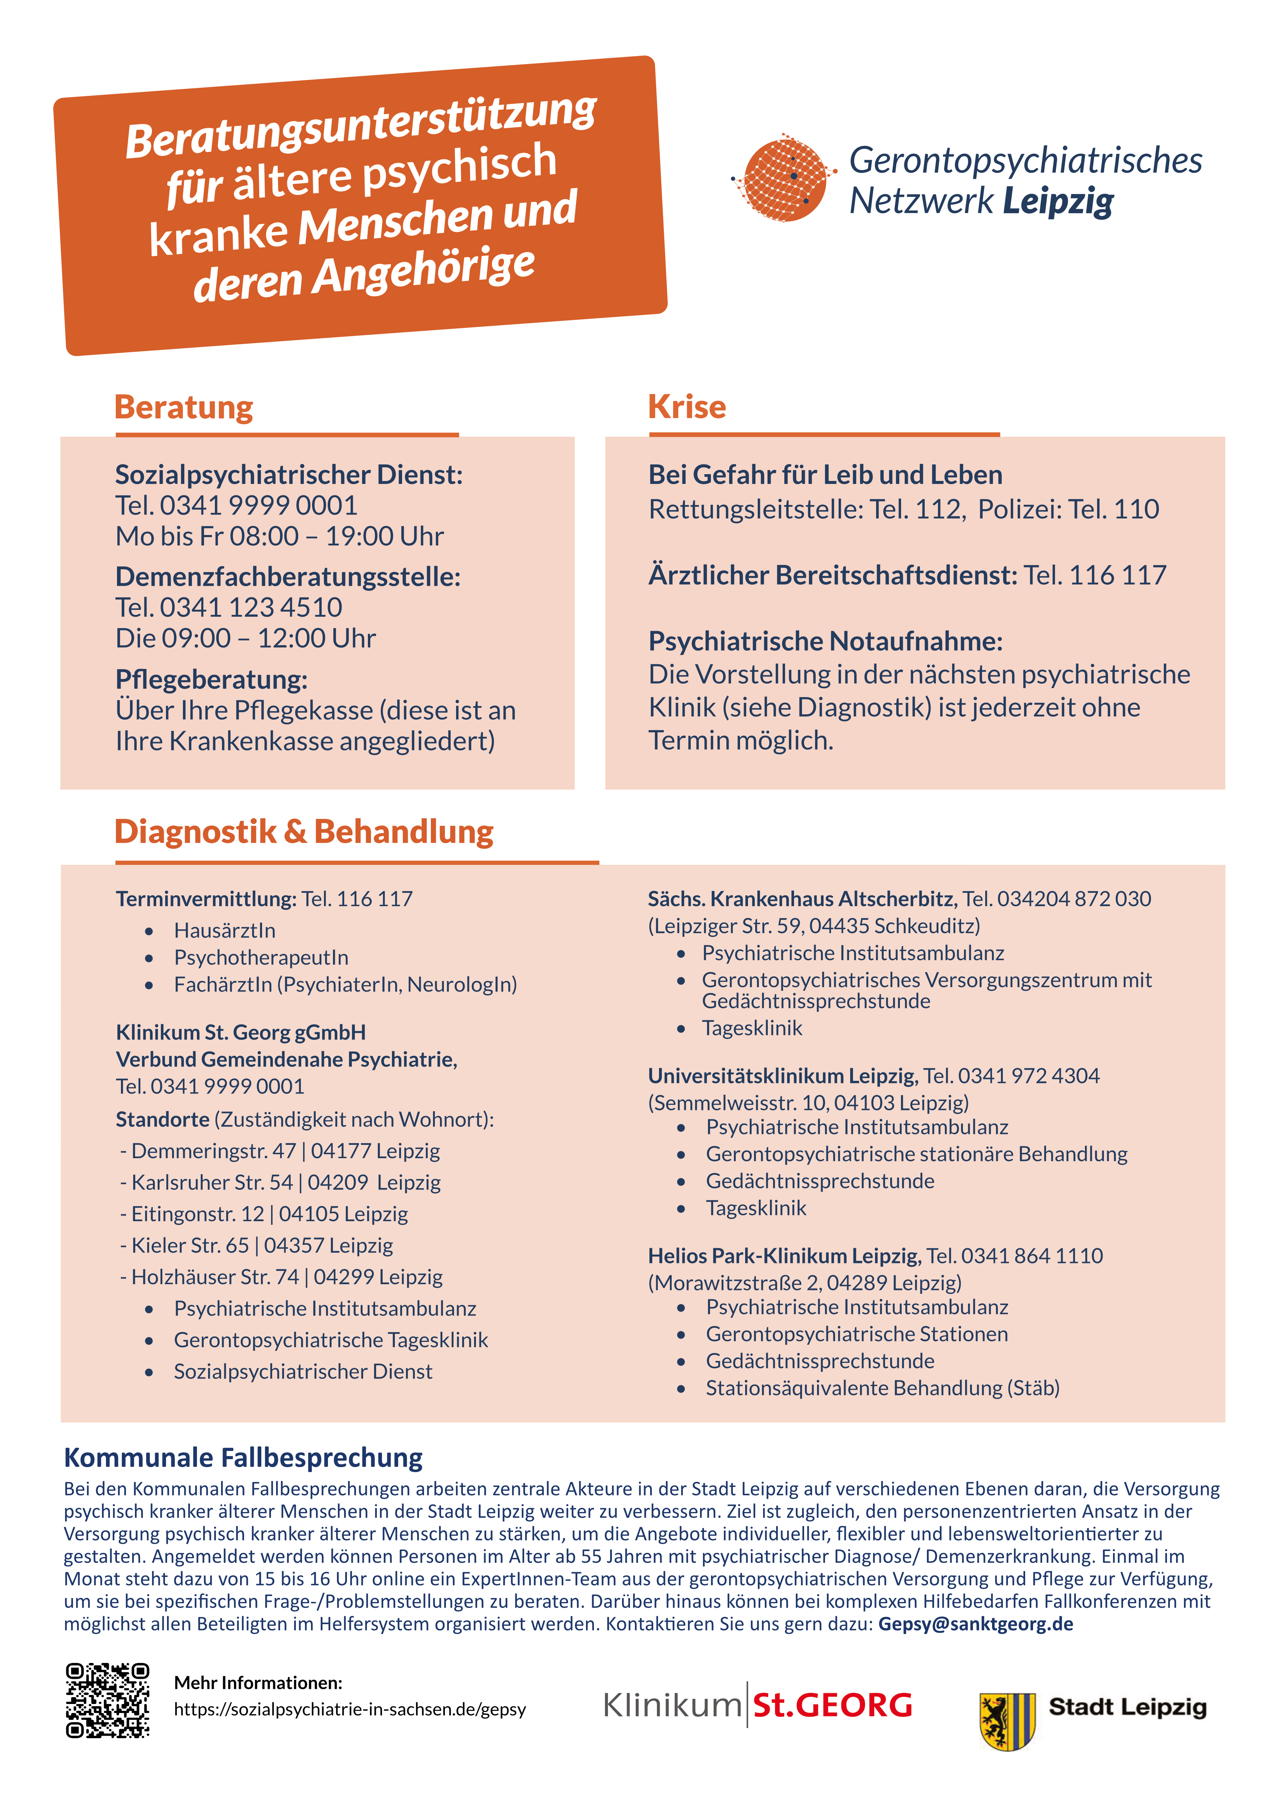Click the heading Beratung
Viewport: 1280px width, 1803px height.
[x=184, y=408]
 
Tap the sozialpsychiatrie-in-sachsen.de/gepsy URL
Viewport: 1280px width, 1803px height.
[x=350, y=1708]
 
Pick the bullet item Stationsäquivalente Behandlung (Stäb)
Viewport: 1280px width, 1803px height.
[x=882, y=1388]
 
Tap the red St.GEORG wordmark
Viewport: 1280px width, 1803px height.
[x=832, y=1705]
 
